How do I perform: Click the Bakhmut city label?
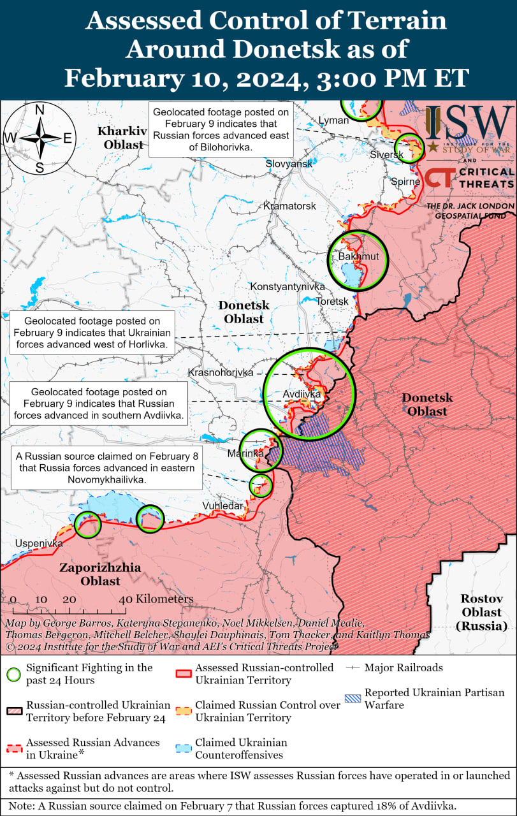pos(358,256)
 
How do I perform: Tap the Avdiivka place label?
pos(302,395)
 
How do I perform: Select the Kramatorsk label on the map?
pos(289,206)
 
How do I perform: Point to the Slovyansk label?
pos(289,164)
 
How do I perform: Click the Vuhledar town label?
pos(222,506)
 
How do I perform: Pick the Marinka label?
pos(245,453)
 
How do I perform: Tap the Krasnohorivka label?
pos(221,372)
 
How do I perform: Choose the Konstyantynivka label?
pos(287,287)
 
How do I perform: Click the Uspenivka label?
pos(40,544)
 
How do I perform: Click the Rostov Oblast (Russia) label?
pos(482,612)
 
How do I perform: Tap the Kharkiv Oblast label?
pos(122,138)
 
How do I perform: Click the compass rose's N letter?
pos(40,110)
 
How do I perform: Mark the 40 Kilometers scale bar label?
pos(157,599)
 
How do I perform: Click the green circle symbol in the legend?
pos(13,674)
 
